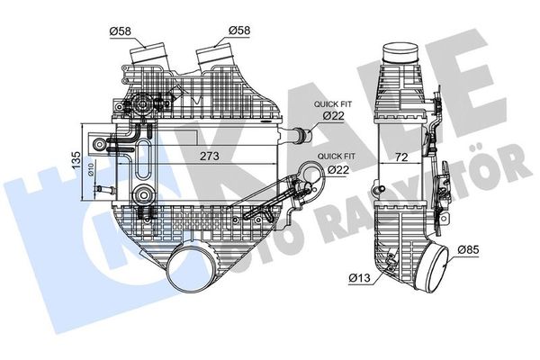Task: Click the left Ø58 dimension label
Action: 121,32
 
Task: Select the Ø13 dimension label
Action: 360,277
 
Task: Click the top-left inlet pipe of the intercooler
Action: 148,54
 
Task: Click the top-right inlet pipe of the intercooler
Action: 216,54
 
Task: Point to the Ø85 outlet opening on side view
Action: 448,269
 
